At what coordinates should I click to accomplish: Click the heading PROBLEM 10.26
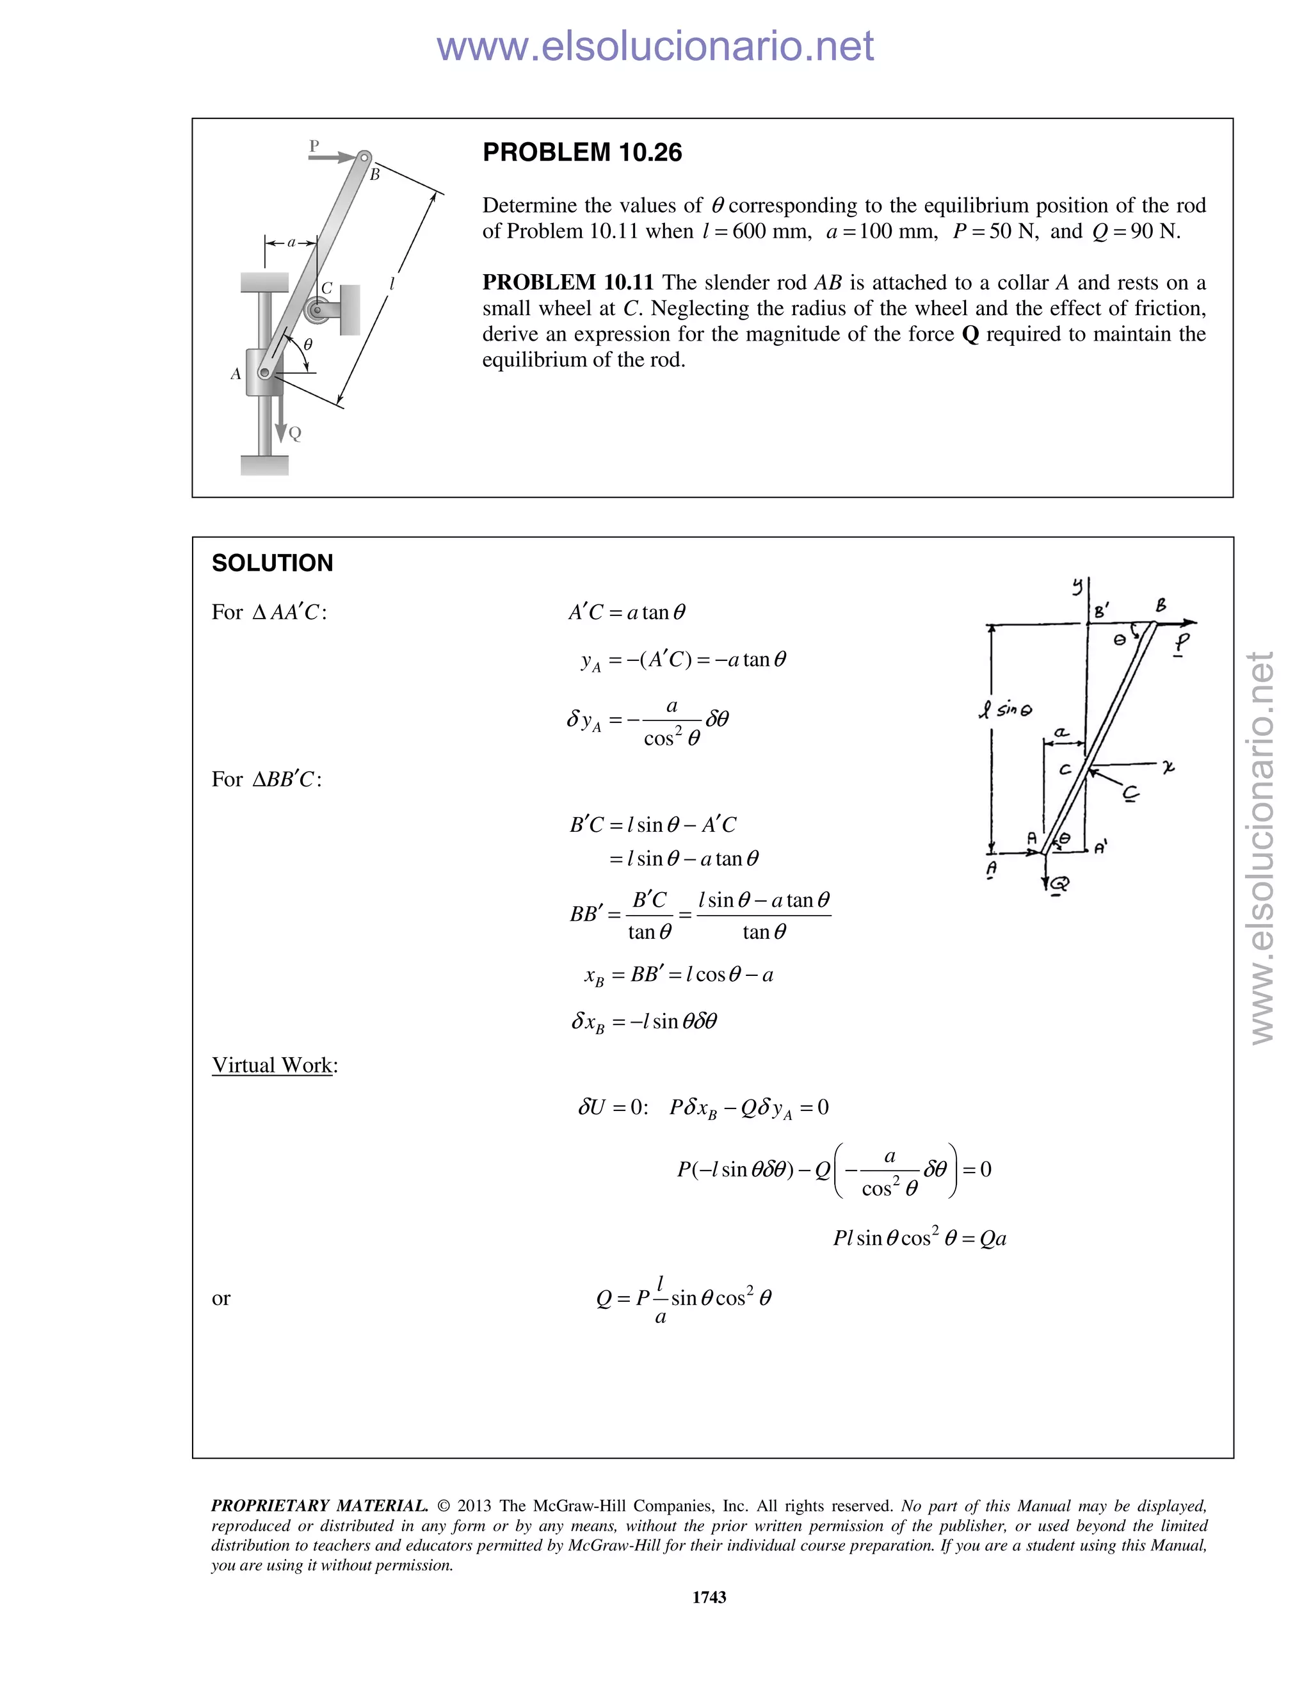click(582, 152)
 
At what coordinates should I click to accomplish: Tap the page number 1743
click(709, 1596)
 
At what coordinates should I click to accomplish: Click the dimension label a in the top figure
click(291, 243)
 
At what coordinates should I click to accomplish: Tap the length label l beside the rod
click(392, 284)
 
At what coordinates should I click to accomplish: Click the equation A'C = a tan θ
click(627, 612)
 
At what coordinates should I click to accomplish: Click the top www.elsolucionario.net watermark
click(655, 46)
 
